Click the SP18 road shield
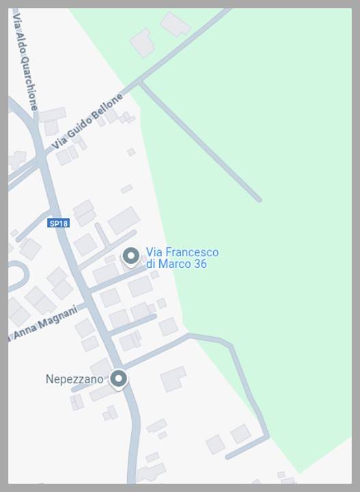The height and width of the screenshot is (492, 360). pos(59,223)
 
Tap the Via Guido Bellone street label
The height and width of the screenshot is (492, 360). pos(88,122)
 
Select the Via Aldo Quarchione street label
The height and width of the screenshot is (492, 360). pos(25,60)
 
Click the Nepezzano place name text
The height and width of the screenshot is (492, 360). pos(74,379)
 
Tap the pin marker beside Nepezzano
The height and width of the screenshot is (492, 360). pos(119,379)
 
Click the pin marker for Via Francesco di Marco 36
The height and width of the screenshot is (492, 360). pos(130,256)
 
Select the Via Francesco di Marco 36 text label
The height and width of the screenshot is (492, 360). pos(182,258)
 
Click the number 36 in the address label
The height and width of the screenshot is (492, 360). pos(199,264)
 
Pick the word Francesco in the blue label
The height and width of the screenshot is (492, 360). pos(193,252)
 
